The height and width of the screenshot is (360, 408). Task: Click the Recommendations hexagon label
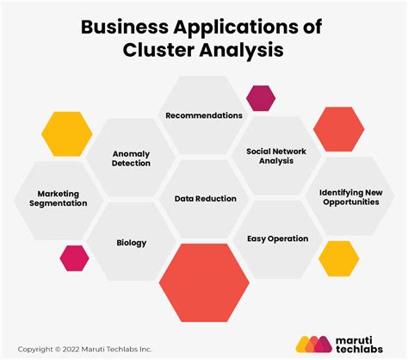tap(204, 115)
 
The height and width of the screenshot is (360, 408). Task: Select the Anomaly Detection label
tap(131, 158)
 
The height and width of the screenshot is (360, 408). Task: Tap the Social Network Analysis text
tap(276, 155)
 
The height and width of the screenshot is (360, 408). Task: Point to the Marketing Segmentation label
tap(62, 198)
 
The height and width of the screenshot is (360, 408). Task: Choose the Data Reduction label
tap(205, 198)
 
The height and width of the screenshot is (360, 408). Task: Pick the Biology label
tap(132, 242)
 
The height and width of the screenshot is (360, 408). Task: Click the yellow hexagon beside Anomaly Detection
tap(66, 133)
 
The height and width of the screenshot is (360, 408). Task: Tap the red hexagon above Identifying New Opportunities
tap(338, 128)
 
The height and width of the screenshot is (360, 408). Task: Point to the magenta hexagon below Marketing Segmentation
tap(74, 258)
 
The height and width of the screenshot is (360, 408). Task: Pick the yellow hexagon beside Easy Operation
tap(338, 258)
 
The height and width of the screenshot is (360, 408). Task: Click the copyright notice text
tap(83, 349)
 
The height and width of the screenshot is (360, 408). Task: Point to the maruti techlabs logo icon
tap(314, 343)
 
